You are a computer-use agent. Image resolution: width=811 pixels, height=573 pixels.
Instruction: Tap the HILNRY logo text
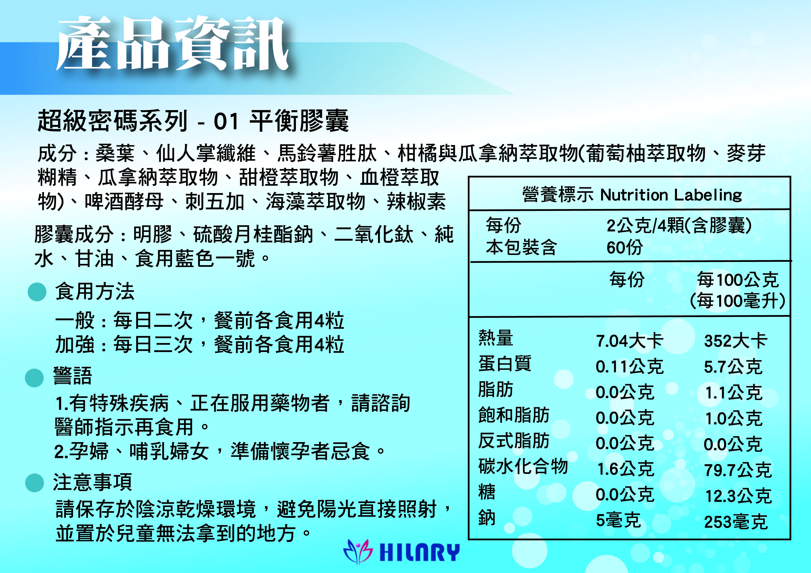[419, 552]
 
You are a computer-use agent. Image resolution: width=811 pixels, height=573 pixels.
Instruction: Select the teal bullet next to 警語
[34, 378]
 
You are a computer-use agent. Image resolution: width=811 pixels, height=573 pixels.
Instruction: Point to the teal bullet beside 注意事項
[35, 482]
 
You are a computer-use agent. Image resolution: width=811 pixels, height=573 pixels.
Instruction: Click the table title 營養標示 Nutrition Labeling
[632, 195]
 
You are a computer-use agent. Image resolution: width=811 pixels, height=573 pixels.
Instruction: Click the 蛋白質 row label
[505, 364]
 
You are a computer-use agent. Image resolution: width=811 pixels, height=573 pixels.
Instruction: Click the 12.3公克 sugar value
[738, 496]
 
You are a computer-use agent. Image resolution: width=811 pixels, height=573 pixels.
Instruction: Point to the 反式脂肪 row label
[514, 441]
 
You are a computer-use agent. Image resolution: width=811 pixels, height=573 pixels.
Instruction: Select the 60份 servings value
[624, 247]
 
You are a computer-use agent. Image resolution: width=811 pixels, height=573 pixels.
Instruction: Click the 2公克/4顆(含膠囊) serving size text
[679, 225]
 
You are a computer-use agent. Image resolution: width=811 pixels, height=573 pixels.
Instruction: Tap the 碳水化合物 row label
[523, 467]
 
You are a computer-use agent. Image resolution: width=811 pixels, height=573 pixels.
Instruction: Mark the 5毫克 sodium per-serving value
[618, 520]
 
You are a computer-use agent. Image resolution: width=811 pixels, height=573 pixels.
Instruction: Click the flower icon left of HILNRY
[358, 552]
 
